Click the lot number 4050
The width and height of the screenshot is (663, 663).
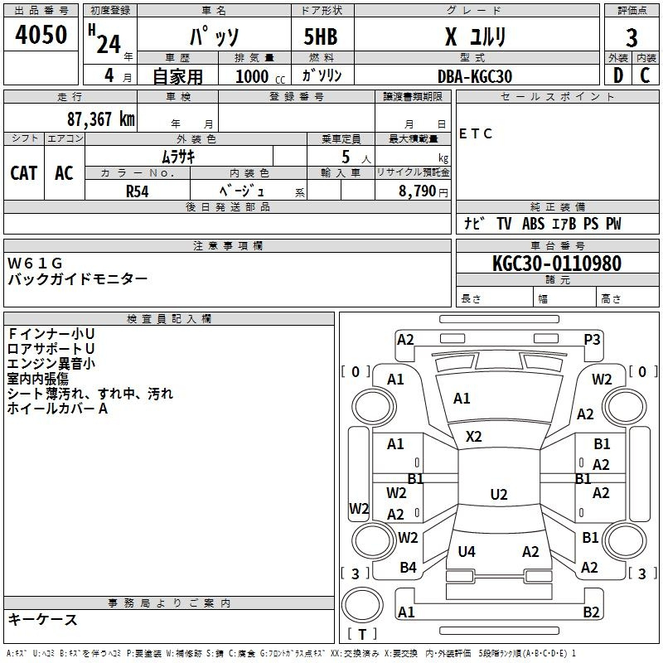coord(41,34)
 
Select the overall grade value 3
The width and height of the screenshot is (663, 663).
coord(632,37)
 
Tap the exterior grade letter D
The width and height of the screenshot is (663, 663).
coord(618,75)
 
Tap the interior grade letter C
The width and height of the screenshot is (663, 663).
coord(645,75)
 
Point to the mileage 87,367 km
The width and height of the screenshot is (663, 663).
coord(100,119)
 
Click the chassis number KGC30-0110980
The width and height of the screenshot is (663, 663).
coord(557,264)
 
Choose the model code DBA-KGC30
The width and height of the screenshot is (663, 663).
coord(474,76)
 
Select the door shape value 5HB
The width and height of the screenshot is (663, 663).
coord(321,36)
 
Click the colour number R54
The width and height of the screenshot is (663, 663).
coord(138,191)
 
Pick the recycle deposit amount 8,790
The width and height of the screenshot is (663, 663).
coord(417,191)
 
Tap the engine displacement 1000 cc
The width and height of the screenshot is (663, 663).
coord(260,76)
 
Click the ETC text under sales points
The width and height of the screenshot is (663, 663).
coord(475,133)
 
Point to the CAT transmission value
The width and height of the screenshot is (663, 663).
coord(24,173)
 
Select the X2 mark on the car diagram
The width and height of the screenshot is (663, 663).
coord(473,437)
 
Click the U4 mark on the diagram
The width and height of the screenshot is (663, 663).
coord(467,551)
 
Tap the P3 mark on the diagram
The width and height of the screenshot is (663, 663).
coord(592,340)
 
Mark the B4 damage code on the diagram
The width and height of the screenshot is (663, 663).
coord(408,568)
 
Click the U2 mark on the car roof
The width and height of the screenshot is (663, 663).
coord(499,494)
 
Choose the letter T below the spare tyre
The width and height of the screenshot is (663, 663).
coord(362,634)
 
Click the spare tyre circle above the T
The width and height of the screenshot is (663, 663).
coord(362,605)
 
